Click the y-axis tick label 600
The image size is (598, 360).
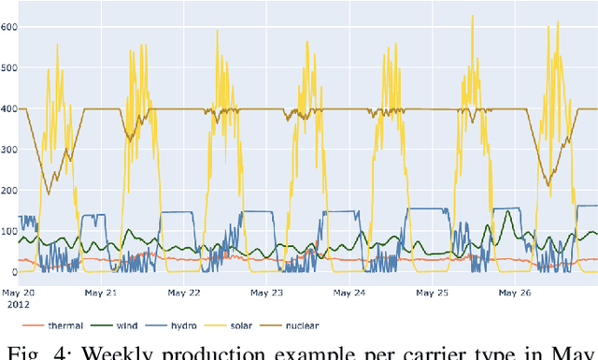(x=8, y=26)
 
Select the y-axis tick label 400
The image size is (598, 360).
(x=8, y=108)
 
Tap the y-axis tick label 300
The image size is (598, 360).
(x=8, y=150)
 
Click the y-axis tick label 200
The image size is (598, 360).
(x=8, y=191)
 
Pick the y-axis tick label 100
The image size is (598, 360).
(x=8, y=231)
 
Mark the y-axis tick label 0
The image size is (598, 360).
(x=13, y=272)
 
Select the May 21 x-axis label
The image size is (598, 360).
(x=98, y=292)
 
